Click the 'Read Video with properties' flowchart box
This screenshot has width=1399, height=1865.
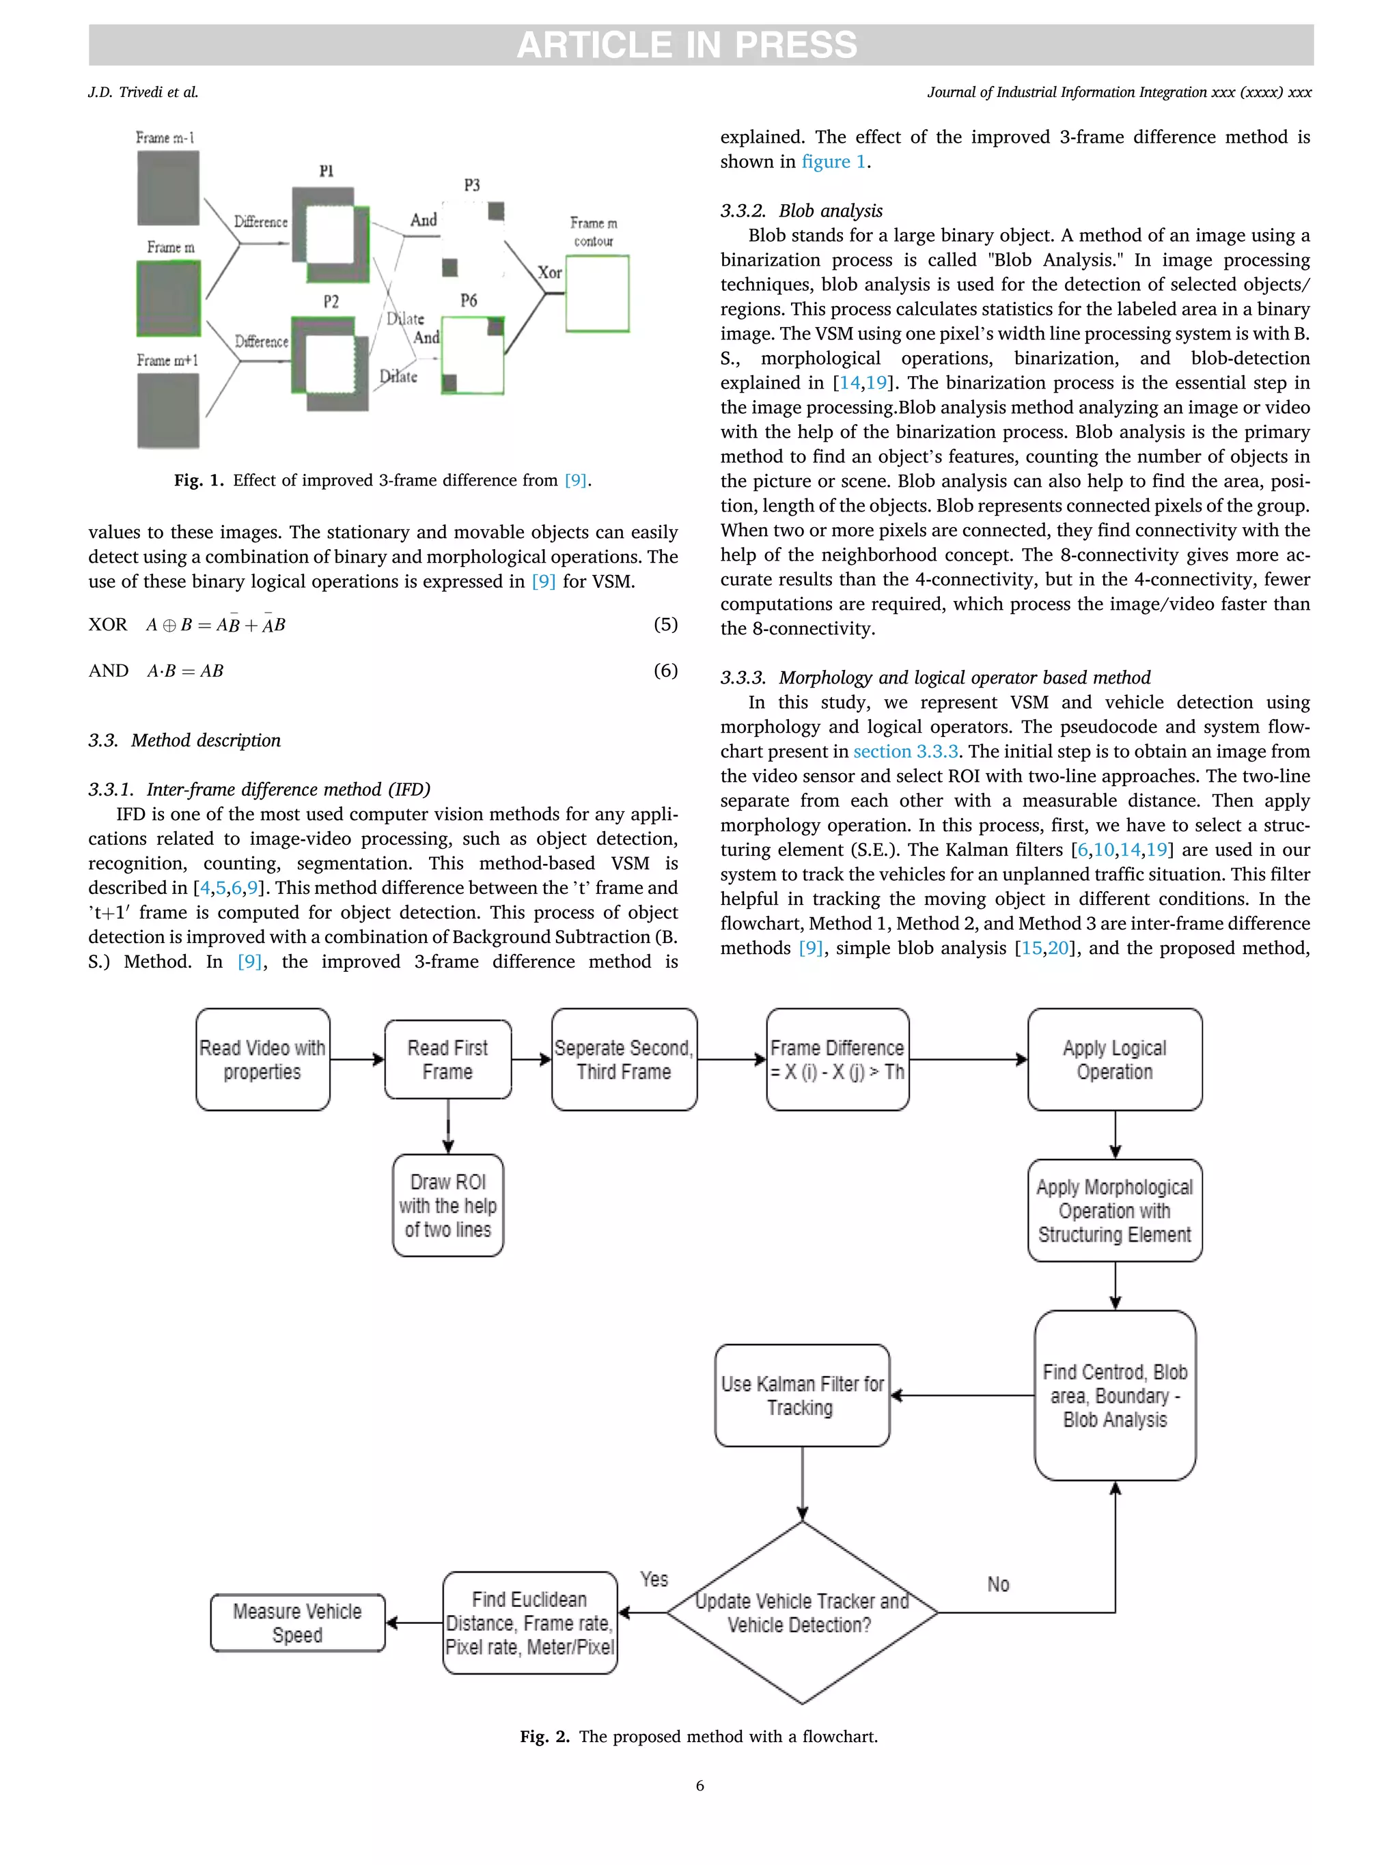[x=262, y=1059]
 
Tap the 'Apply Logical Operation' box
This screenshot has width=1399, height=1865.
[x=1114, y=1059]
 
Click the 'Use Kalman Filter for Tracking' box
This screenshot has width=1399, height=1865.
[x=801, y=1395]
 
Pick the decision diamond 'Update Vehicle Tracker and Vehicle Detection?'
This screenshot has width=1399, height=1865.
[x=801, y=1612]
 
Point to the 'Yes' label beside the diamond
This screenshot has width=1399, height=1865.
[x=654, y=1579]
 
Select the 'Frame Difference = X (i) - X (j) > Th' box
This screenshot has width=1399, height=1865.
[x=837, y=1059]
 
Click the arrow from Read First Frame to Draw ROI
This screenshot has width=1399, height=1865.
[x=448, y=1126]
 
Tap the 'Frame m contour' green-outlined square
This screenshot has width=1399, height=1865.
[x=597, y=294]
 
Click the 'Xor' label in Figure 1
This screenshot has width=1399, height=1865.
[x=550, y=272]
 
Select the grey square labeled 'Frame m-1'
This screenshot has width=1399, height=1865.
[x=169, y=187]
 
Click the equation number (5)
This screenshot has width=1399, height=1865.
[x=665, y=624]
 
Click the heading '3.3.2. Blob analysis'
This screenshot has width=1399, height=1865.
[x=801, y=211]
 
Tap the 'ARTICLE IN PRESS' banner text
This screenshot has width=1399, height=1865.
[x=687, y=44]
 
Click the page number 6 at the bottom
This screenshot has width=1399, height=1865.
[x=699, y=1786]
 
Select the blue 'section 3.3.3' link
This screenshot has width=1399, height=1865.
[x=905, y=751]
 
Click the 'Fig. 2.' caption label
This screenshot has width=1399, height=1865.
[x=544, y=1736]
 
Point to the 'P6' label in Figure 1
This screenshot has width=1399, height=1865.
[x=469, y=300]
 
